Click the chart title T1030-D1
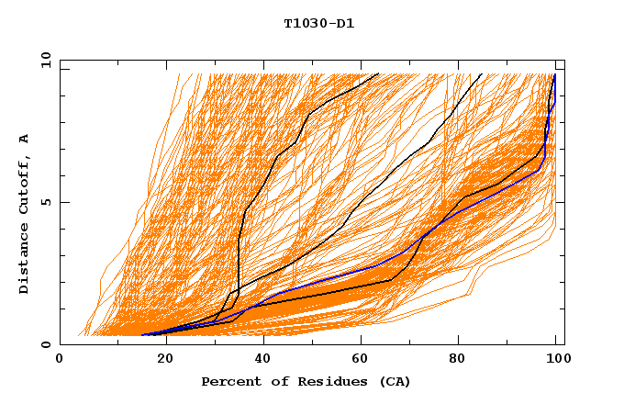click(319, 23)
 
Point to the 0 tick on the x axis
click(60, 361)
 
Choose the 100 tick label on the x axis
click(556, 361)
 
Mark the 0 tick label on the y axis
click(46, 345)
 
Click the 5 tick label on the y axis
click(46, 202)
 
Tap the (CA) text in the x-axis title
click(394, 382)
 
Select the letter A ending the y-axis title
click(25, 139)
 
